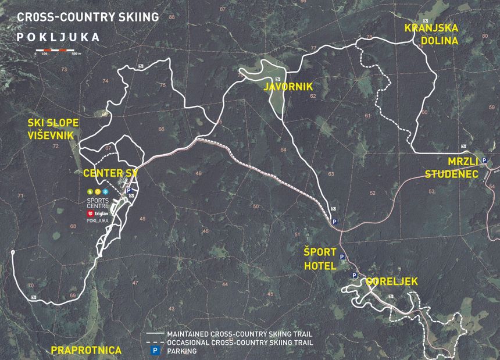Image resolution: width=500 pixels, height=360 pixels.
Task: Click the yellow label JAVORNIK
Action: coord(288,87)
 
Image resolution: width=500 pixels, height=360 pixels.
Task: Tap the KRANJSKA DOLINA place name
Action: coord(432,34)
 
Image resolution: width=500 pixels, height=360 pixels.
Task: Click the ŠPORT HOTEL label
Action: coord(320,259)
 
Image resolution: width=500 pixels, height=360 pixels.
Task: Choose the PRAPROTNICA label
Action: coord(86,350)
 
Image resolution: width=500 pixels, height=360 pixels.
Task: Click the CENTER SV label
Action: coord(110,173)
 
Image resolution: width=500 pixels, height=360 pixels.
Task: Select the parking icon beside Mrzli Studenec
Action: coord(484,161)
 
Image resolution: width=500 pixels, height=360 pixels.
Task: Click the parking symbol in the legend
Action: coord(155,351)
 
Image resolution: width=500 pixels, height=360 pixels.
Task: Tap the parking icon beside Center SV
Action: coord(129,190)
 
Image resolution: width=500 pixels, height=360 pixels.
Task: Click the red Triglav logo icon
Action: coord(90,213)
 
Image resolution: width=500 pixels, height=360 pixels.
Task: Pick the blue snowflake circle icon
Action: coord(106,192)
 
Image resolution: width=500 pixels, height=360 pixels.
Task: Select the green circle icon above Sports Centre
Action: coord(90,192)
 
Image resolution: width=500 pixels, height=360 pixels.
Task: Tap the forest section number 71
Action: coord(20,196)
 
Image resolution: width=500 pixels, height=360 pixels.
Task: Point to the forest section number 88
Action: coord(172,17)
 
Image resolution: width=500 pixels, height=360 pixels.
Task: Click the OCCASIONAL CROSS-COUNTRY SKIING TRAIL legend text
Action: coord(240,343)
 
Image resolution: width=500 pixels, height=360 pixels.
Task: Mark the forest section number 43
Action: coord(172,309)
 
